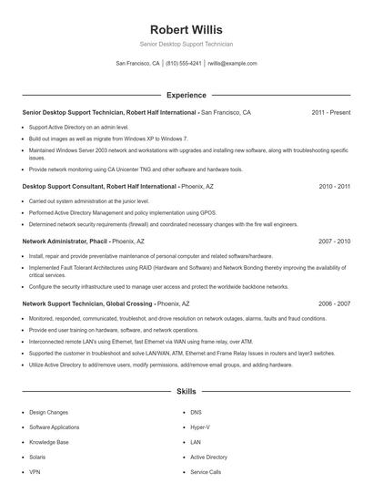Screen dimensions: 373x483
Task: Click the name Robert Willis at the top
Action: click(x=186, y=29)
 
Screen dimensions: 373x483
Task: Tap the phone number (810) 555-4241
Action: click(x=184, y=64)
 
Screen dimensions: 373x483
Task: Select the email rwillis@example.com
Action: click(x=232, y=64)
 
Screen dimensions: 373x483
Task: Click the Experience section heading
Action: click(x=186, y=95)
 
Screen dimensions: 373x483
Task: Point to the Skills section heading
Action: click(x=186, y=391)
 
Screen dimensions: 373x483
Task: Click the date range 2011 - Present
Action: click(x=330, y=112)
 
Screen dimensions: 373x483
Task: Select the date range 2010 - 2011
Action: click(x=334, y=186)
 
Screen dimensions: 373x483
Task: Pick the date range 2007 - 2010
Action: click(x=334, y=241)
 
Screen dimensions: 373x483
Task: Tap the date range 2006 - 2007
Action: click(x=334, y=303)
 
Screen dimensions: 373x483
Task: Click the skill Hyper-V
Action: click(x=199, y=426)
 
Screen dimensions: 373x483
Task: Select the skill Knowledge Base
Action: click(x=48, y=442)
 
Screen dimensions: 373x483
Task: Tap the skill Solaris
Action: click(x=38, y=457)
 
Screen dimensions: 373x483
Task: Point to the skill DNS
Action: click(x=196, y=412)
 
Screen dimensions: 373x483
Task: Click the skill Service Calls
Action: click(x=205, y=472)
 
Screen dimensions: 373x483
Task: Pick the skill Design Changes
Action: click(x=48, y=412)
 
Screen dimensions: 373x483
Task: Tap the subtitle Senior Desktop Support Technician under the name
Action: click(x=186, y=44)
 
